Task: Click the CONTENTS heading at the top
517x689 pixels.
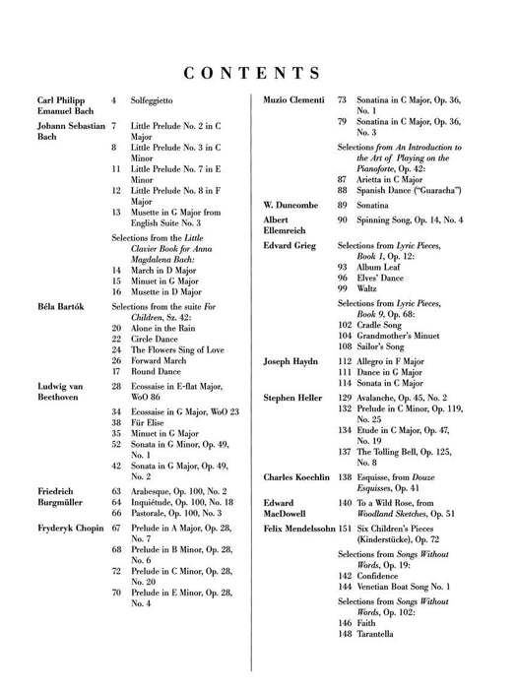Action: [258, 73]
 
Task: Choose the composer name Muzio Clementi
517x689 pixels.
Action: [295, 100]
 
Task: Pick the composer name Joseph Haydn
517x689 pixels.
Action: [292, 363]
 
